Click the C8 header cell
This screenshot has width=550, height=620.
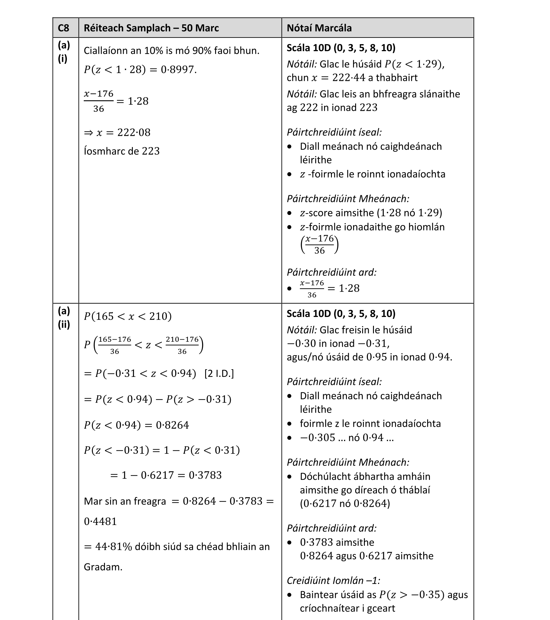click(x=63, y=28)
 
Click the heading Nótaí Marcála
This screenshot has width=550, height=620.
click(x=319, y=28)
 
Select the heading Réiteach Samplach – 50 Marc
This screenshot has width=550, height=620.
click(x=151, y=28)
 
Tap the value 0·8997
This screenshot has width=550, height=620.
click(x=178, y=70)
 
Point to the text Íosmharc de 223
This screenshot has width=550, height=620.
click(x=122, y=151)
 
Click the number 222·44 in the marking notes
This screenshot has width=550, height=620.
click(x=349, y=78)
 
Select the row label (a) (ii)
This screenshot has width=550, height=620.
click(x=64, y=318)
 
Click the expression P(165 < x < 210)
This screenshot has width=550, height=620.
click(x=128, y=316)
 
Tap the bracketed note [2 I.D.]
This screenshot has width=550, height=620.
click(x=219, y=373)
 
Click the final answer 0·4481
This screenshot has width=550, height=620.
click(x=100, y=521)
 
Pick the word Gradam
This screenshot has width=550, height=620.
click(x=103, y=567)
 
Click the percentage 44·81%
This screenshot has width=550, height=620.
click(x=113, y=547)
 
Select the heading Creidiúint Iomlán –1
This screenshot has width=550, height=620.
click(x=333, y=580)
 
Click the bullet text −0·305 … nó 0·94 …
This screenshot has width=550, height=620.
click(x=347, y=437)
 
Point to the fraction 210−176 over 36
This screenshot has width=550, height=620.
click(x=182, y=345)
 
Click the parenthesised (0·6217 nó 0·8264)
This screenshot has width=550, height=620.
click(x=345, y=503)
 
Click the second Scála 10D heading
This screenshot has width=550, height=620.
click(x=341, y=313)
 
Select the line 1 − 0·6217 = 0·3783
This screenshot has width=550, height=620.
click(x=166, y=475)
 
